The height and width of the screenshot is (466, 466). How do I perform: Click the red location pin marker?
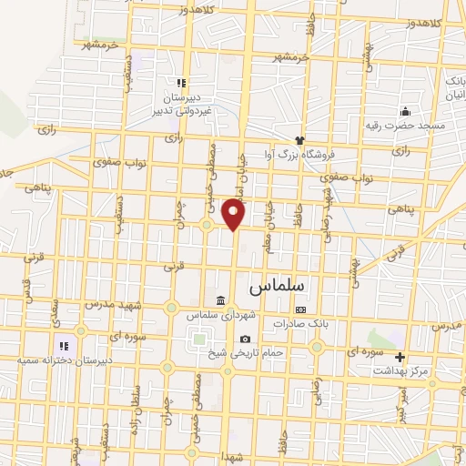[234, 214]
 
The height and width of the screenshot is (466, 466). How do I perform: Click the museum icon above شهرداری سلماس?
[219, 301]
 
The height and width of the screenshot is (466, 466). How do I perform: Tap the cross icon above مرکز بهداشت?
[400, 356]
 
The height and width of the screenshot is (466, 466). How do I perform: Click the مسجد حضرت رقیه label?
[406, 125]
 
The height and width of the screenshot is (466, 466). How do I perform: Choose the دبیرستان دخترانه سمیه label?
[56, 360]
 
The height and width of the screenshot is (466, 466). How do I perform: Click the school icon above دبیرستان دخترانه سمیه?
[64, 346]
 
